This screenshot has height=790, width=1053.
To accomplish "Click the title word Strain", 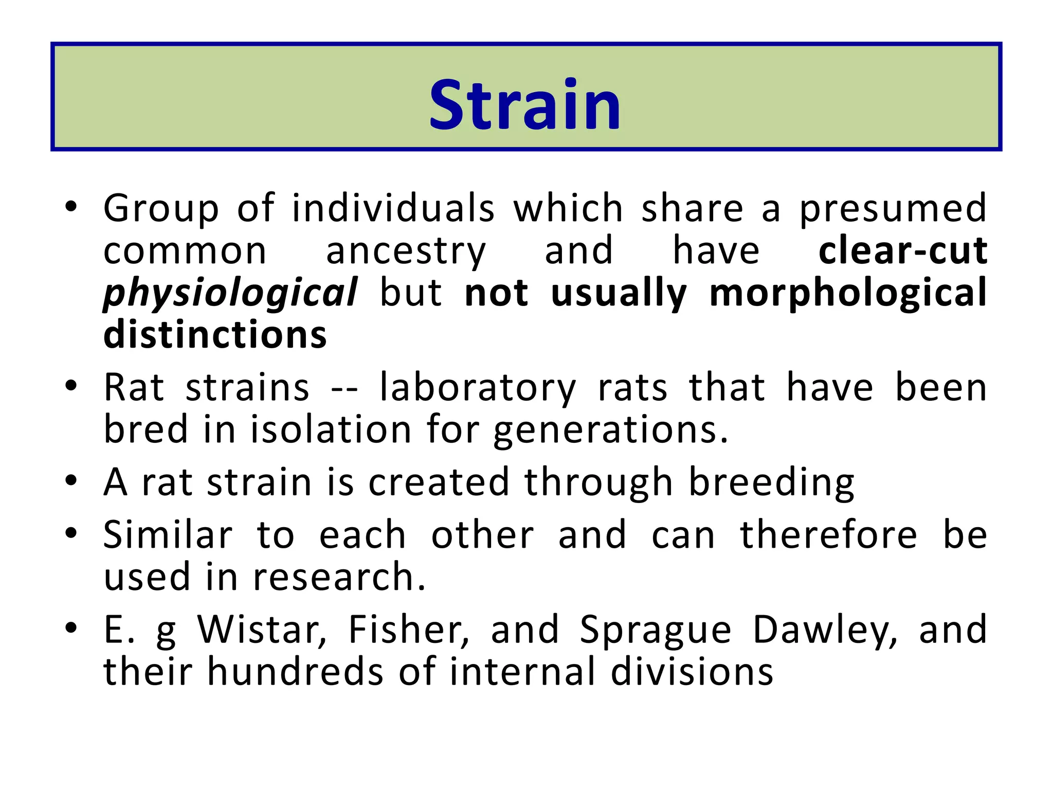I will [x=525, y=105].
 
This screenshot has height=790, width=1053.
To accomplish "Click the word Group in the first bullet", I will [x=161, y=209].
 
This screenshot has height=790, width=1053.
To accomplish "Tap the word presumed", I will [x=893, y=209].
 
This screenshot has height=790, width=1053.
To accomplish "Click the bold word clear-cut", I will [x=902, y=251].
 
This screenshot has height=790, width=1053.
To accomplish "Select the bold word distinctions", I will [x=215, y=335].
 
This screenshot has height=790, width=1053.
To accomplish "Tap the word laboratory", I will [x=478, y=388].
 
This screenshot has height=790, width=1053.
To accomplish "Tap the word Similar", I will [x=168, y=535].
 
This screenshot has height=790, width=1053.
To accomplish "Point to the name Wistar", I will [x=262, y=630].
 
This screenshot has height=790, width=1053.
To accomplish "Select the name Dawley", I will [x=825, y=631].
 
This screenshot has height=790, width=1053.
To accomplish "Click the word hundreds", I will [x=295, y=672].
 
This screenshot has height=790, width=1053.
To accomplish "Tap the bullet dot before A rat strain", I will [x=71, y=481].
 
